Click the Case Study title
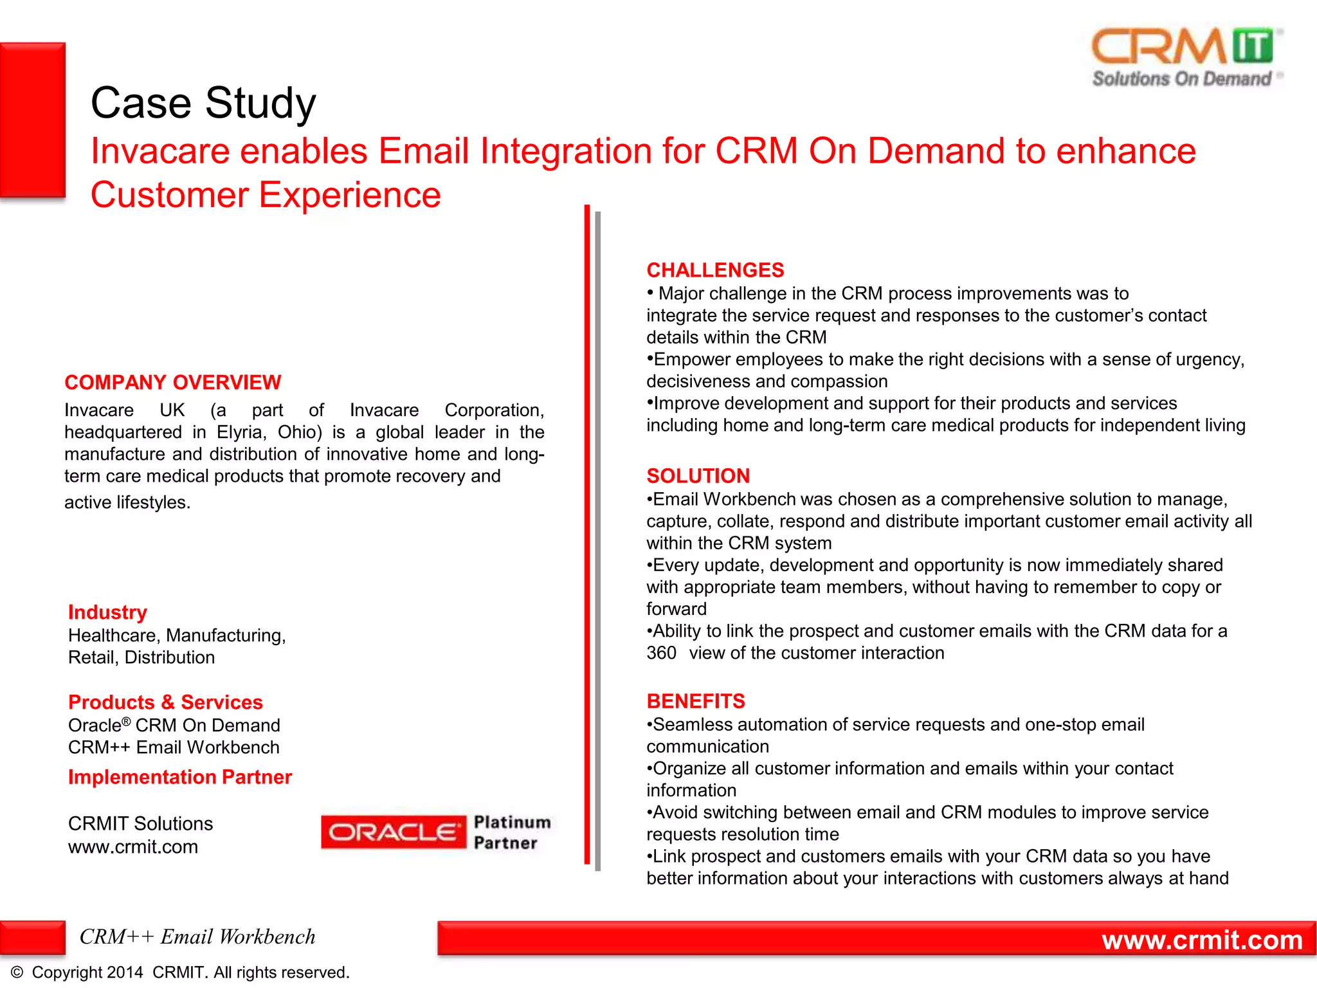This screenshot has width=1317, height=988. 203,103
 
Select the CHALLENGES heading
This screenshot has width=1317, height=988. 715,270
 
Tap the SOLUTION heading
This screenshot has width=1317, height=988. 698,476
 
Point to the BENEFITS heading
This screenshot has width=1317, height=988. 695,701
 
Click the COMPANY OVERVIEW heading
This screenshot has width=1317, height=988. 172,383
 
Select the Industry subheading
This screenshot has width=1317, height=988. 107,612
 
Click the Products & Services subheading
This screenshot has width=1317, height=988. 165,702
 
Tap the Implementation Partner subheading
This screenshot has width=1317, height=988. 180,777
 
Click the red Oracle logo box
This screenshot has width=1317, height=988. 393,832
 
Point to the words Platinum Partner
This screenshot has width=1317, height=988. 511,832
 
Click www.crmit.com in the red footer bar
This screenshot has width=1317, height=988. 1201,940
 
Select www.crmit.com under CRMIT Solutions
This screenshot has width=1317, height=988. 132,847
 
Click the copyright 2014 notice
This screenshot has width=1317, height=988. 180,973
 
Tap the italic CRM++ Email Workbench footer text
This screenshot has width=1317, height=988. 197,937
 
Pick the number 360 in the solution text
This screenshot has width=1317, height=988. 661,654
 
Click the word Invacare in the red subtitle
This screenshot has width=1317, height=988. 159,151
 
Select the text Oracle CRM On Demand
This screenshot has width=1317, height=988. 174,726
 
